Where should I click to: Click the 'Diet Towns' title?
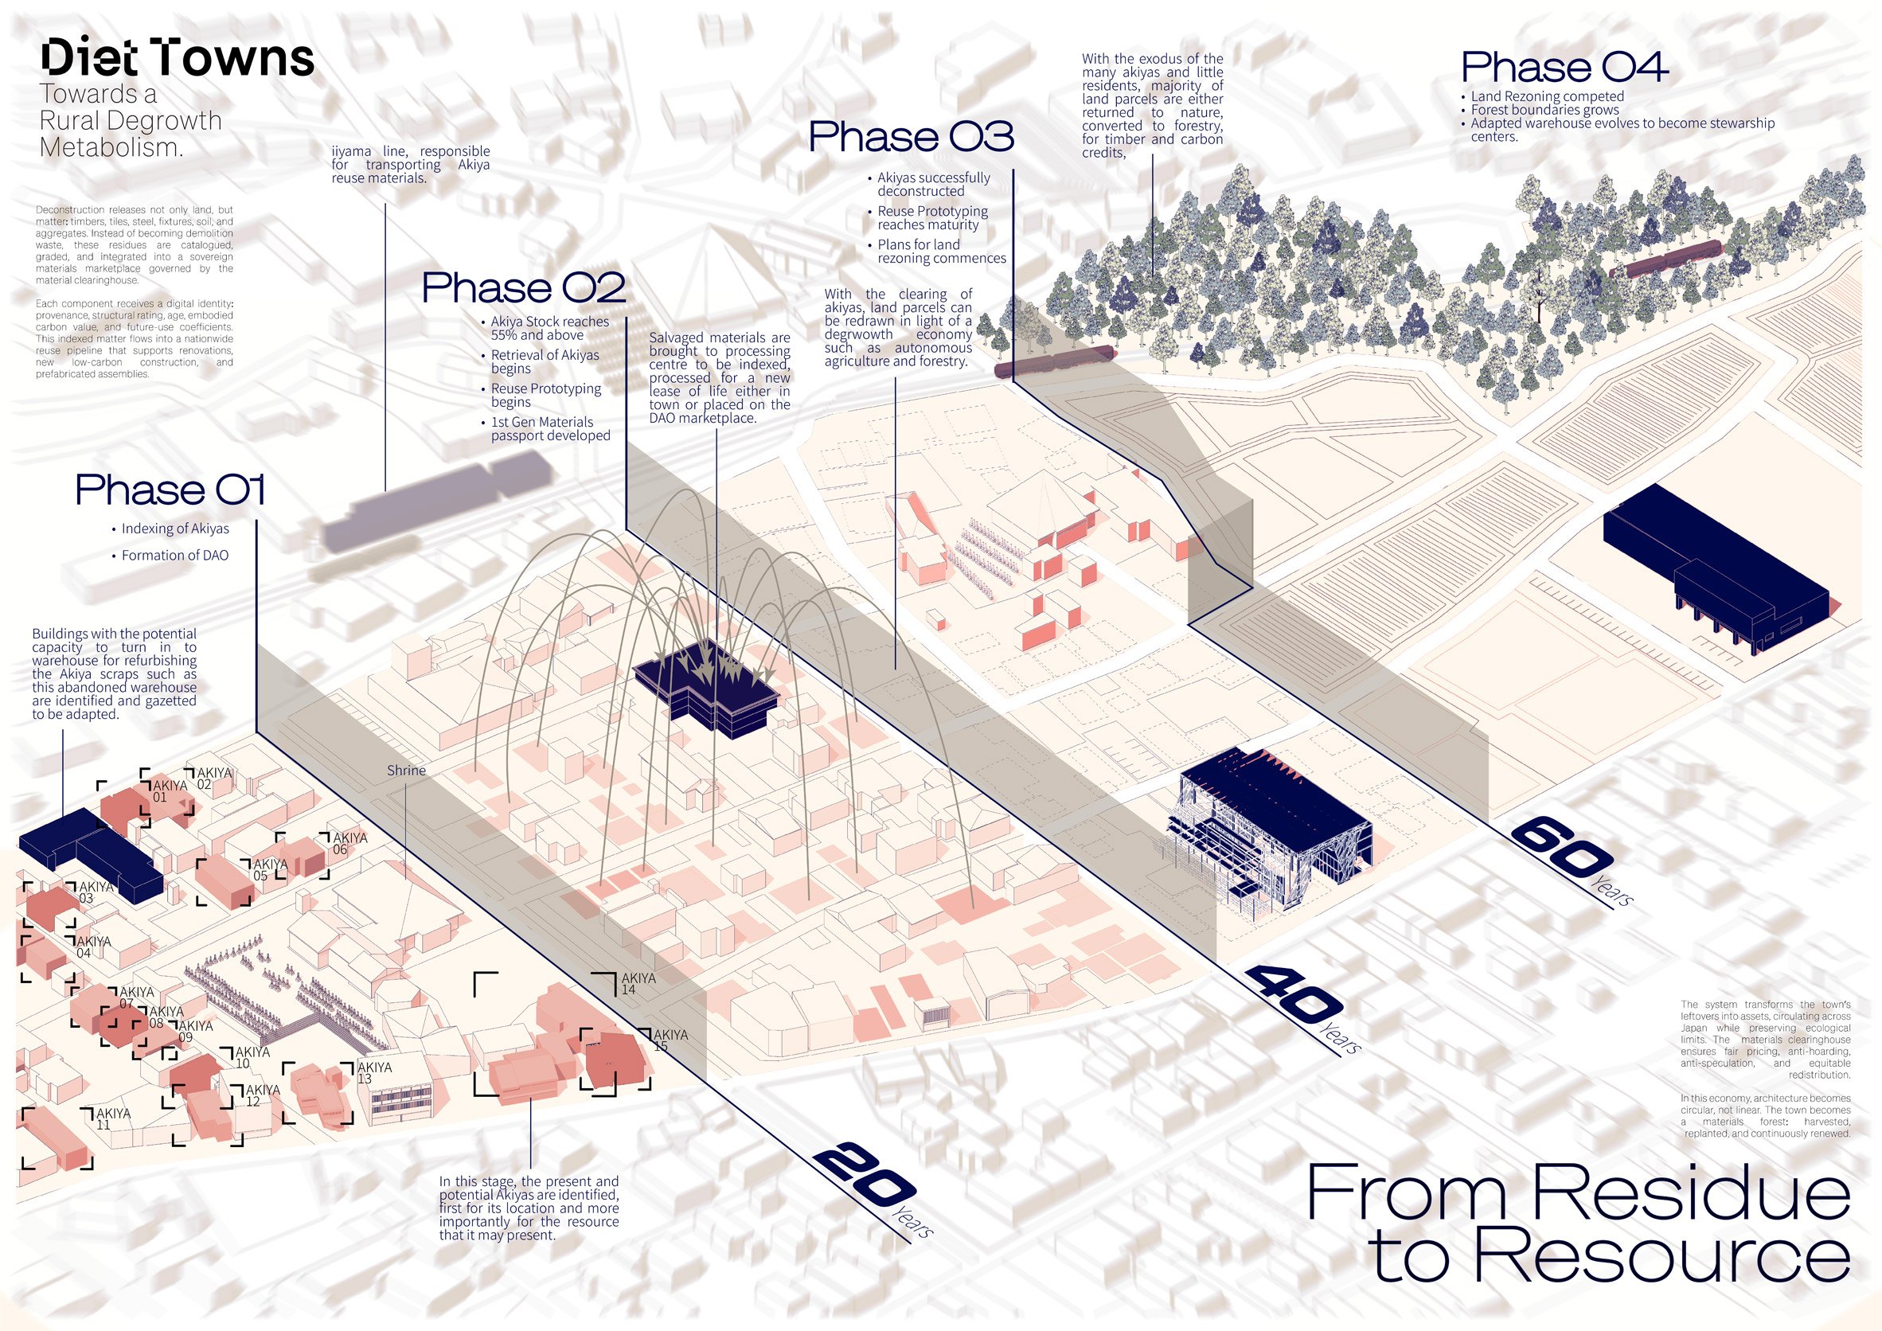(177, 57)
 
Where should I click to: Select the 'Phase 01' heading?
(170, 490)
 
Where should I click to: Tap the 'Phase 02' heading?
(524, 287)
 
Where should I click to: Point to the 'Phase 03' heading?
(912, 136)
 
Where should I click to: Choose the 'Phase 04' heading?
(1564, 66)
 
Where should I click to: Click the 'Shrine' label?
(407, 771)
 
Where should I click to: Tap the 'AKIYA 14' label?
(638, 983)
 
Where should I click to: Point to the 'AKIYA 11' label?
(113, 1118)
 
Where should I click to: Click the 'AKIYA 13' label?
(375, 1073)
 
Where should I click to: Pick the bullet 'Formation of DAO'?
(174, 555)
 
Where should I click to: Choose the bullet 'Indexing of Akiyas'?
(175, 529)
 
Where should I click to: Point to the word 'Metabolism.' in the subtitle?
(111, 147)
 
